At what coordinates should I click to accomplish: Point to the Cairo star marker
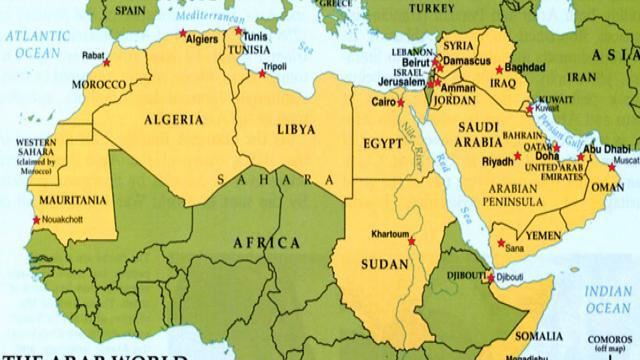(401, 102)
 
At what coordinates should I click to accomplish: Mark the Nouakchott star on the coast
(37, 220)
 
